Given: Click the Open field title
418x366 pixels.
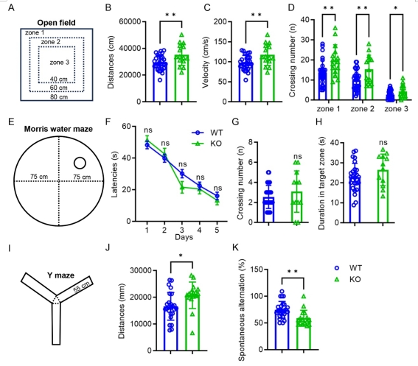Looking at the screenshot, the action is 56,23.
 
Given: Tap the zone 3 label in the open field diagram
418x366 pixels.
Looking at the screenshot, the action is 60,63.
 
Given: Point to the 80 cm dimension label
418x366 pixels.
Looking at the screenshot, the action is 59,97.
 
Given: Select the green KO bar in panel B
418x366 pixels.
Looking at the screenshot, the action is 182,78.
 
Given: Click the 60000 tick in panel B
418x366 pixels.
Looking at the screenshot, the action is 130,21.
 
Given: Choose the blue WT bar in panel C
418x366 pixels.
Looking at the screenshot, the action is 245,82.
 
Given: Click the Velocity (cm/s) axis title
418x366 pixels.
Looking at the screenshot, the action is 206,62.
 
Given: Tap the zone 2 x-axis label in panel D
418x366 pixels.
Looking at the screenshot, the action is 362,109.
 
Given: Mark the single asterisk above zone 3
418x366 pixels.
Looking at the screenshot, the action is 396,8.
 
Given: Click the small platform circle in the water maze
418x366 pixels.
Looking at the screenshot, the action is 80,163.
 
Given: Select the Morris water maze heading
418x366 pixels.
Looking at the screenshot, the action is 58,129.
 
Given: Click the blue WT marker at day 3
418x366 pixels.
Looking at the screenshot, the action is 182,174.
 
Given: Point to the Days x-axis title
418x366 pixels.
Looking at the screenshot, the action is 184,237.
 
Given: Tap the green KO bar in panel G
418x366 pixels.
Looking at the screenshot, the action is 296,207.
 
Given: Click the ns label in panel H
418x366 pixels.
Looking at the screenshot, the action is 383,143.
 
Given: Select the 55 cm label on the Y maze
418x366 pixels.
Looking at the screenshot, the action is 82,288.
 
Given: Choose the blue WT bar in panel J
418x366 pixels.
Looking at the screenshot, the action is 170,328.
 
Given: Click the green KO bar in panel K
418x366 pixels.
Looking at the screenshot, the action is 304,334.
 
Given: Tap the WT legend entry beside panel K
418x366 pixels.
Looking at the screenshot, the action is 348,268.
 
